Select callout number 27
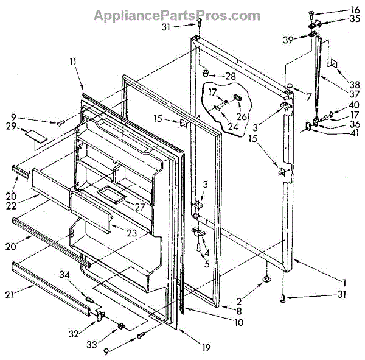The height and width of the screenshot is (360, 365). click(x=140, y=206)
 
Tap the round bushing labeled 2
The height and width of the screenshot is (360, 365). click(x=267, y=279)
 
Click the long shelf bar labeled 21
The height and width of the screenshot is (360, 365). click(x=52, y=286)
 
